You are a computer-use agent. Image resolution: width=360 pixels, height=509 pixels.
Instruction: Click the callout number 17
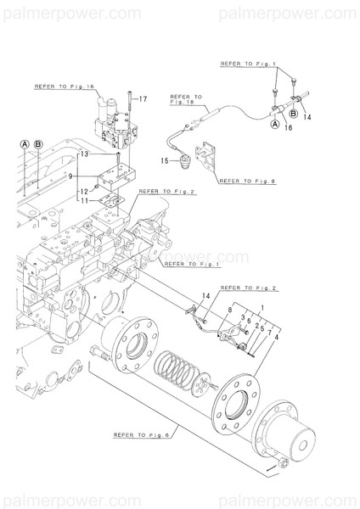pyautogui.click(x=144, y=99)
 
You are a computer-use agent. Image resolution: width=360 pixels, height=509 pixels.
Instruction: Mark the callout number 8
pyautogui.click(x=228, y=311)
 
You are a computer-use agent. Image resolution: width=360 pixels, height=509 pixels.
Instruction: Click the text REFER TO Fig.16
pyautogui.click(x=64, y=87)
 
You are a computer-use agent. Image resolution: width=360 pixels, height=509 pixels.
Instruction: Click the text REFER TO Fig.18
pyautogui.click(x=186, y=103)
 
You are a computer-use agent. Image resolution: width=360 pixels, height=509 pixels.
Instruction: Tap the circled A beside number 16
pyautogui.click(x=274, y=125)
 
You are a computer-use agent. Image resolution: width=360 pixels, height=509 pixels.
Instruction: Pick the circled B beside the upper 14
pyautogui.click(x=293, y=112)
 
